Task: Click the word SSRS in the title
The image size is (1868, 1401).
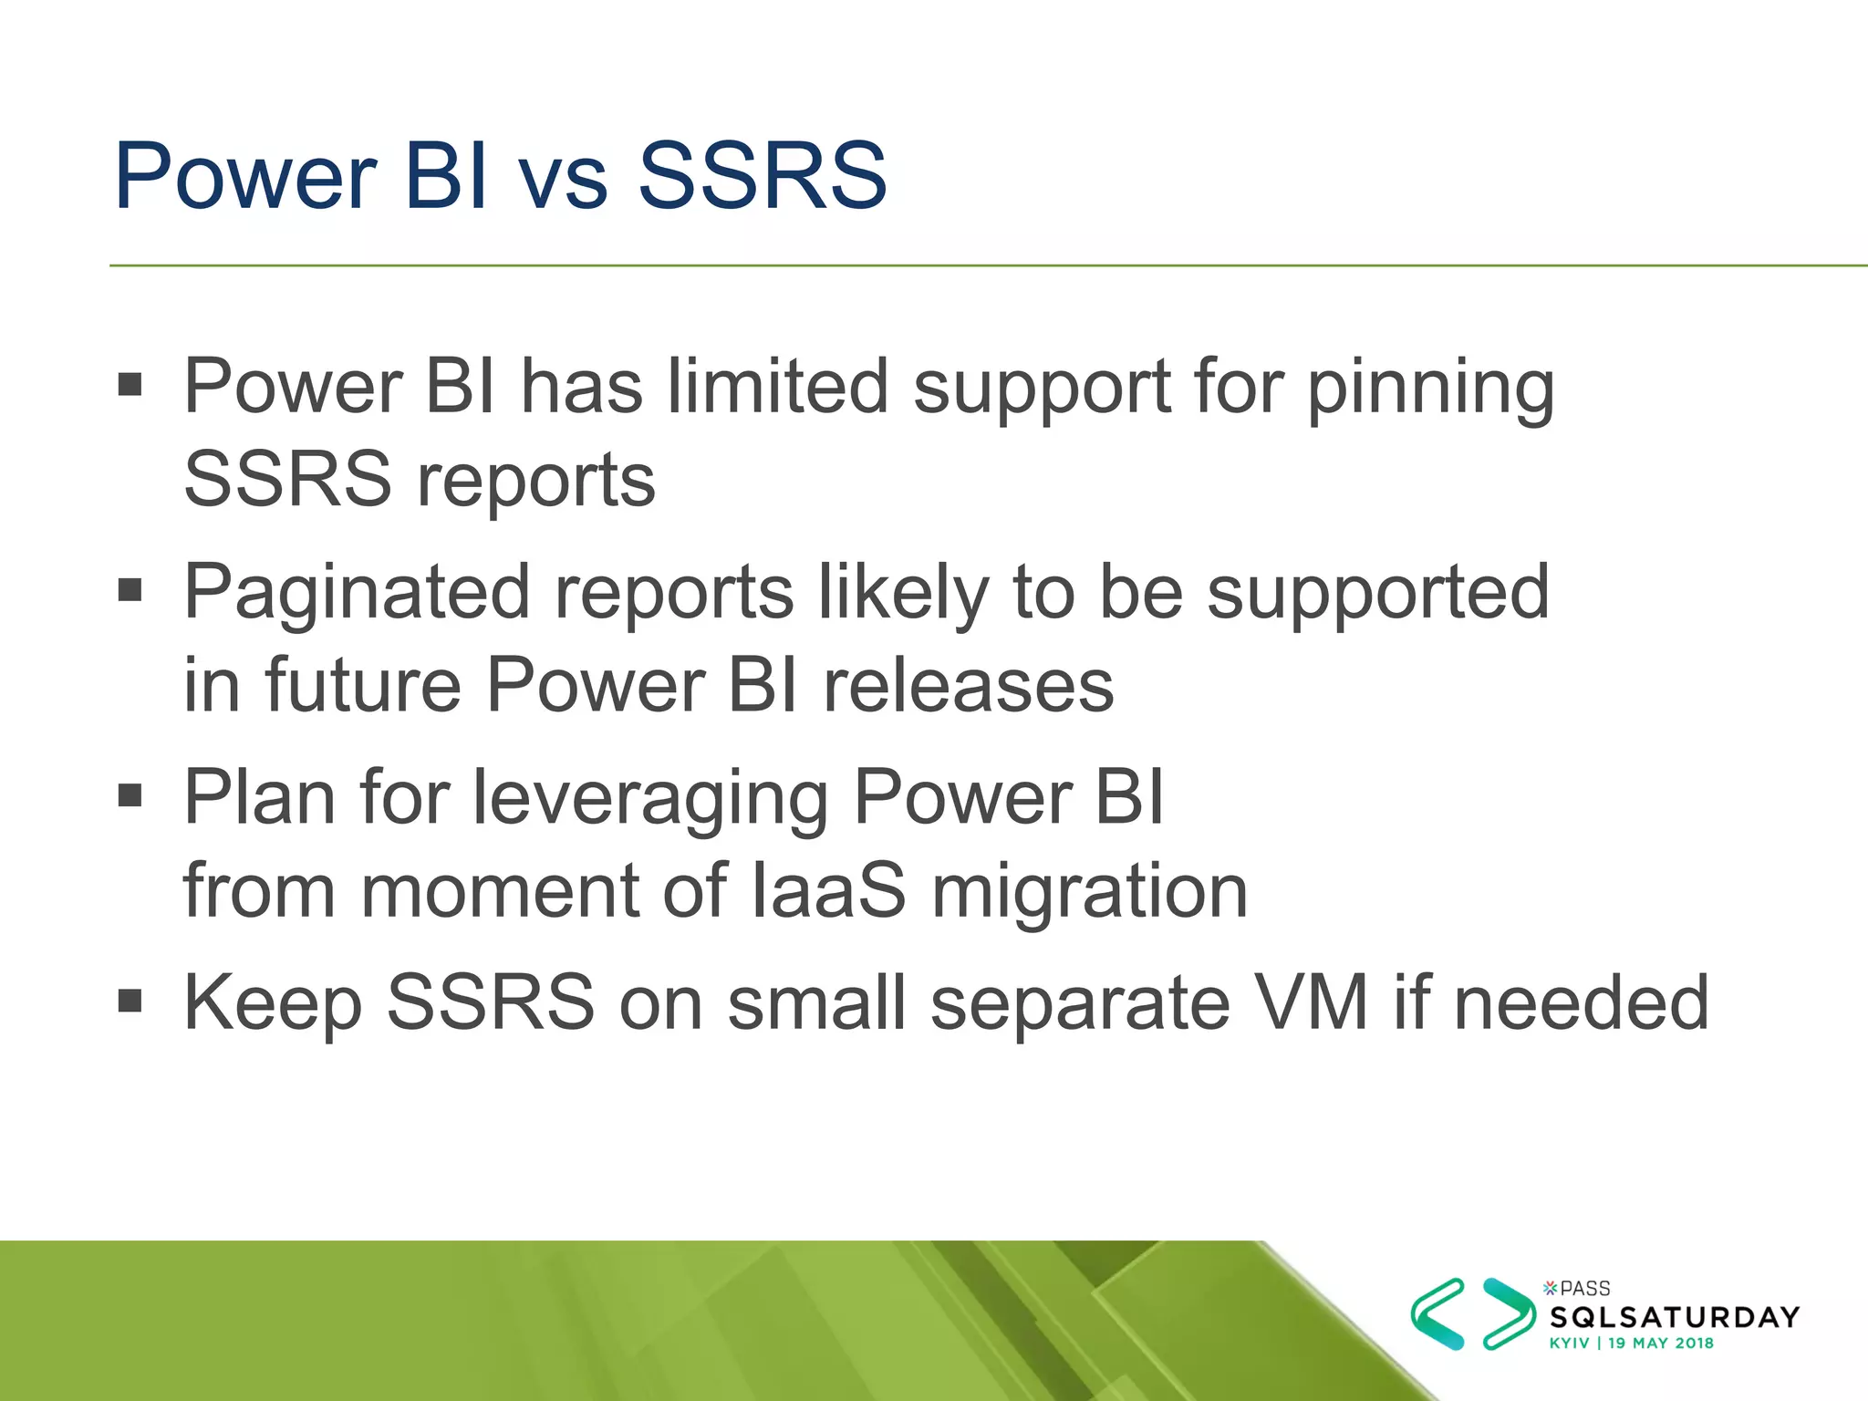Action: (x=762, y=175)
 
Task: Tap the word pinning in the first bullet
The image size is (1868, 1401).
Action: (x=1430, y=388)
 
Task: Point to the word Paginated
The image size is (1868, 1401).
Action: (x=357, y=594)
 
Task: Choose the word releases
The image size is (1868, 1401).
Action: (x=968, y=686)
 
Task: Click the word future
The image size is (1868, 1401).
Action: (x=363, y=686)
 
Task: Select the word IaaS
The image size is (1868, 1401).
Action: (x=828, y=891)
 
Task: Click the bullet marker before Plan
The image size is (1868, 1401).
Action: (x=130, y=795)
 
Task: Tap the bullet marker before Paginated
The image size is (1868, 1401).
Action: (x=130, y=590)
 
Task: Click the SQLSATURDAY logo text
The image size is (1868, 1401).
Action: (x=1675, y=1317)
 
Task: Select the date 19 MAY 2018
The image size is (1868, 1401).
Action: (x=1660, y=1344)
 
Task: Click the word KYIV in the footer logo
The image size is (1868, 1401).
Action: (x=1569, y=1344)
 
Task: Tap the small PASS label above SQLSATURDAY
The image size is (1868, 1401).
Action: (x=1584, y=1289)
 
